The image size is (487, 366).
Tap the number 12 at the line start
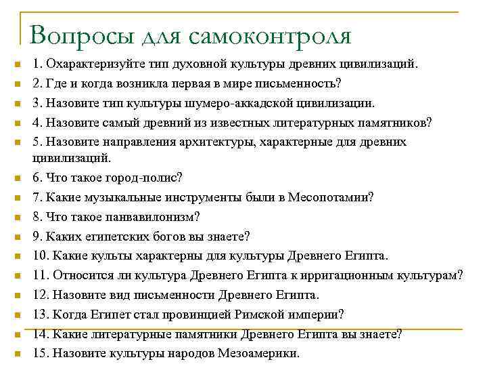point(41,295)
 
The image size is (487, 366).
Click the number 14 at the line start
point(41,333)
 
